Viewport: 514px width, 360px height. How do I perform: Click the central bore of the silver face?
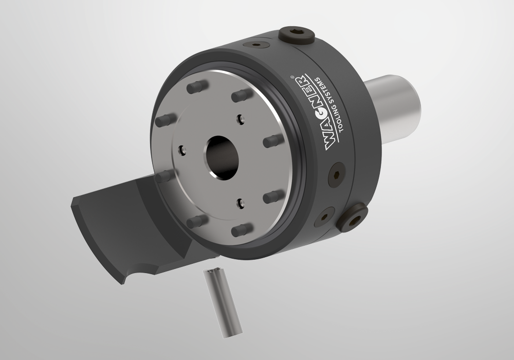221,158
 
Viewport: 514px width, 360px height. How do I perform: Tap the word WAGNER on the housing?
316,113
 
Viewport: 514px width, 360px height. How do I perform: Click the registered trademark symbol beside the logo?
292,77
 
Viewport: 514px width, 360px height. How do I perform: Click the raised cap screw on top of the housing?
297,35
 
